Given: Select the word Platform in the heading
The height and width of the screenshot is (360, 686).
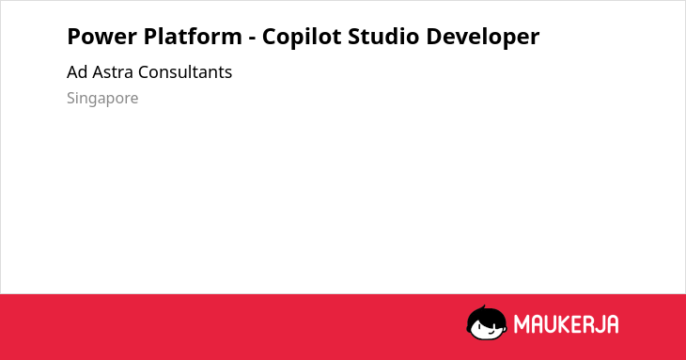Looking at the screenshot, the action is pyautogui.click(x=193, y=37).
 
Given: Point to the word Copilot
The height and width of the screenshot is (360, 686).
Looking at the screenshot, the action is pyautogui.click(x=302, y=37).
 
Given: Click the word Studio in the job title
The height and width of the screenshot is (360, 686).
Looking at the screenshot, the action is pyautogui.click(x=383, y=36).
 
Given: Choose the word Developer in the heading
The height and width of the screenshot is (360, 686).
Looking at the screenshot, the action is pyautogui.click(x=483, y=37).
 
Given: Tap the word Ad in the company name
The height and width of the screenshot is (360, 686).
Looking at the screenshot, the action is pyautogui.click(x=77, y=72).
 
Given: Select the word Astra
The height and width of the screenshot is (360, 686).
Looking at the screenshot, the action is pyautogui.click(x=113, y=72).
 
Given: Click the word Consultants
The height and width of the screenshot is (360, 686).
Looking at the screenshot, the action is pyautogui.click(x=185, y=72).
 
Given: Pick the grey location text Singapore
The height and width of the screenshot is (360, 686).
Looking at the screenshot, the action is pyautogui.click(x=102, y=99).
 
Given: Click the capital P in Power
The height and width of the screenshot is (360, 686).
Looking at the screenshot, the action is pyautogui.click(x=74, y=37).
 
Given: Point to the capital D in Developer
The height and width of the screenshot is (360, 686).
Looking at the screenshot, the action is pyautogui.click(x=433, y=37).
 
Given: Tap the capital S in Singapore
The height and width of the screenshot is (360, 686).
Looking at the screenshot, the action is pyautogui.click(x=71, y=98).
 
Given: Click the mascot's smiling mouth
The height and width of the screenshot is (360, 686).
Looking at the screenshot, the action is pyautogui.click(x=490, y=331).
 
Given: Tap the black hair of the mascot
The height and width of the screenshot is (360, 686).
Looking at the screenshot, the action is pyautogui.click(x=484, y=316).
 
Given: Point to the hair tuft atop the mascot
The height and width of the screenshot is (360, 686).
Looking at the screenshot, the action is pyautogui.click(x=483, y=307).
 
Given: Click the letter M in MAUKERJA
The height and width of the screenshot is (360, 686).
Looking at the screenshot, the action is pyautogui.click(x=522, y=324).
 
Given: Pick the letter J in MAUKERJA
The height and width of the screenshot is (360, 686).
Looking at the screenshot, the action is pyautogui.click(x=600, y=324).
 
